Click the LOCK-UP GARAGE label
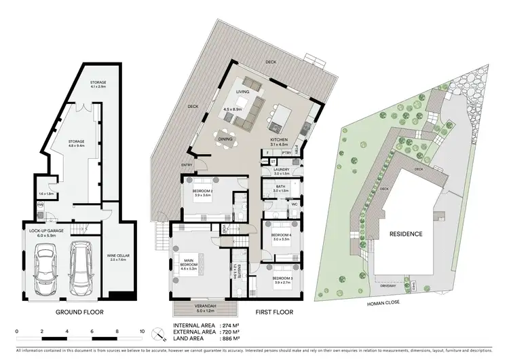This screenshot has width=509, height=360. coord(46,232)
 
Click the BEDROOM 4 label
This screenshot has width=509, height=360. coord(281,236)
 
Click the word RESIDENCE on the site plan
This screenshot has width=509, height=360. coord(407,234)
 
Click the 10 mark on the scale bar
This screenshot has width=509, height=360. coord(143,331)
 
